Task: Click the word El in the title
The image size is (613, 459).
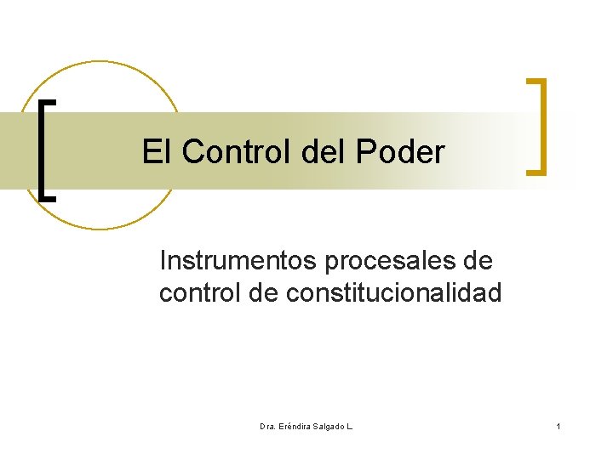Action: point(156,152)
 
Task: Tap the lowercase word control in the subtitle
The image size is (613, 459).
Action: point(201,293)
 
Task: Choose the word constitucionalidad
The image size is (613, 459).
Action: point(394,293)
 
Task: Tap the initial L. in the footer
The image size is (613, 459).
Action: point(349,425)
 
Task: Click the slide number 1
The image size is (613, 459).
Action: point(558,425)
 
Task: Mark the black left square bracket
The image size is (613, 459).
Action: point(42,149)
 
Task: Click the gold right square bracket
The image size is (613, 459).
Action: point(541,127)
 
